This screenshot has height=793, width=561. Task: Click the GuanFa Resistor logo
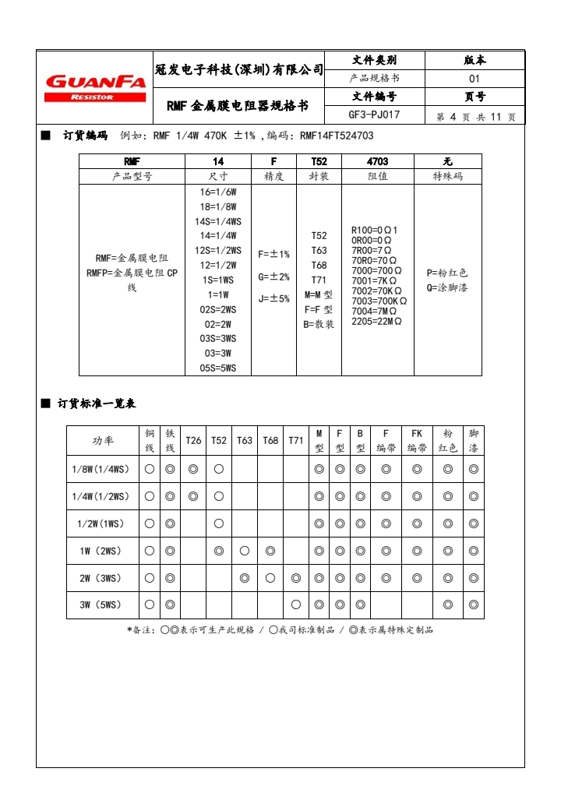tap(96, 86)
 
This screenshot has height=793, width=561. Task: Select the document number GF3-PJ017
tap(374, 115)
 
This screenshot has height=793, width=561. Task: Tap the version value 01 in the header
tap(474, 79)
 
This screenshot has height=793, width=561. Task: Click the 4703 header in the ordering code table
tap(377, 161)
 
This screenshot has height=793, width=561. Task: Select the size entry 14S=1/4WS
tap(218, 221)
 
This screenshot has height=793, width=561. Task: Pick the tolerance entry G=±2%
tap(273, 277)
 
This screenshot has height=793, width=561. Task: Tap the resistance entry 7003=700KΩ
tap(379, 301)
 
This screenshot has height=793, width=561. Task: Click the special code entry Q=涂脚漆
tap(447, 287)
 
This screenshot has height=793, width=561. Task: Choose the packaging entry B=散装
tap(319, 324)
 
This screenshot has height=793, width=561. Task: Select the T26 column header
tap(193, 440)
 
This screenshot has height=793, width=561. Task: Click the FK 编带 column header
tap(417, 440)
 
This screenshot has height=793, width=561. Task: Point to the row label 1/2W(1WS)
tap(102, 523)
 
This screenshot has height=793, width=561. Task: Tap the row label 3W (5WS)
tap(102, 604)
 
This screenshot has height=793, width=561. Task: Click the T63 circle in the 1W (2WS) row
tap(245, 551)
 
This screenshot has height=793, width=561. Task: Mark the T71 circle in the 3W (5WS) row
tap(296, 604)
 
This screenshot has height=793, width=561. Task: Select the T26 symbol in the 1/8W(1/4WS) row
tap(193, 469)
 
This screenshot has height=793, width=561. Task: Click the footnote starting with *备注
tap(280, 629)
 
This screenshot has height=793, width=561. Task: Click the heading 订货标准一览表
tap(97, 403)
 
